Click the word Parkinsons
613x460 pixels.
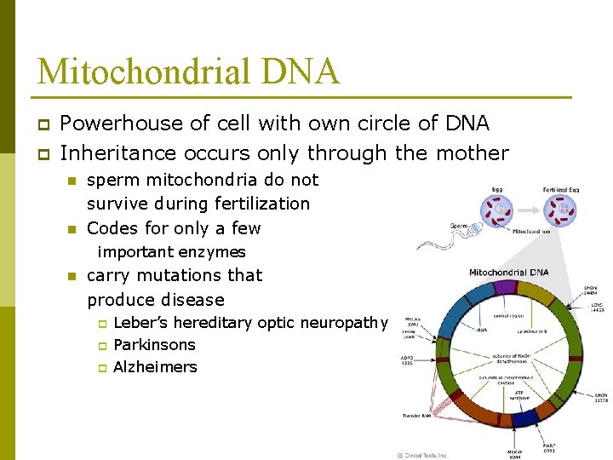154,345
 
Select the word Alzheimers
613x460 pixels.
155,367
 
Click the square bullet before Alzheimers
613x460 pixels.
100,368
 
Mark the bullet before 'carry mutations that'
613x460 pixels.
73,276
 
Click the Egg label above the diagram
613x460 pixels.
496,188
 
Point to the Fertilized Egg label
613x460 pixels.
562,188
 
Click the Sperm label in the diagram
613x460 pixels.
460,226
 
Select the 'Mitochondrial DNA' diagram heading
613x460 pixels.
509,273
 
